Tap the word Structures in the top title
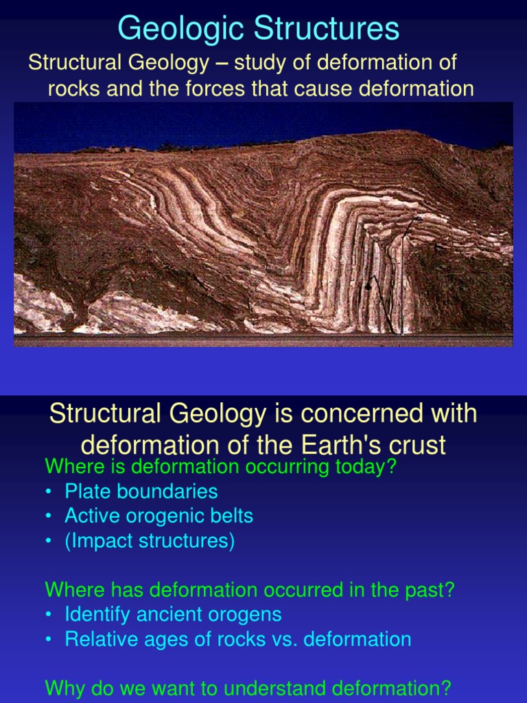[327, 30]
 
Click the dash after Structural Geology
[221, 63]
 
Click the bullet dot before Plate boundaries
[49, 492]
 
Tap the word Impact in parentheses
[100, 541]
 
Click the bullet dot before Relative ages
[49, 640]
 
